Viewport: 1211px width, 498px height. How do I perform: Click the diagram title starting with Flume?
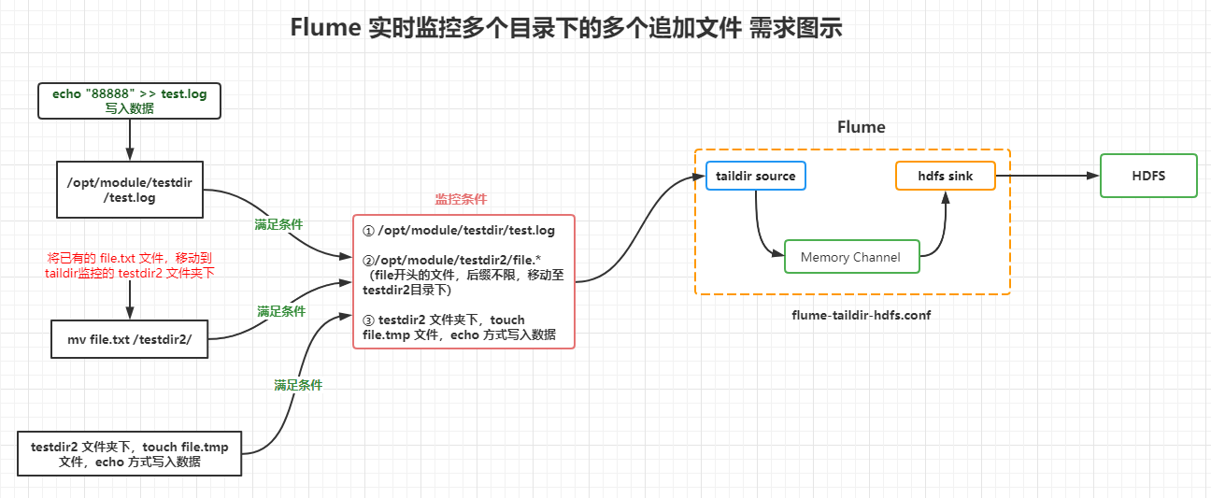[x=566, y=28]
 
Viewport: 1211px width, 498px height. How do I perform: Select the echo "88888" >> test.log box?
[x=129, y=101]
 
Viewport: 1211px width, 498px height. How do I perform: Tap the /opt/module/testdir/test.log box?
[x=129, y=191]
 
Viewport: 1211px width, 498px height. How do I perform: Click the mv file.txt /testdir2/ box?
[x=129, y=338]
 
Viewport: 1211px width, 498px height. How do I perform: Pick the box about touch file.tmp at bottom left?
[x=129, y=454]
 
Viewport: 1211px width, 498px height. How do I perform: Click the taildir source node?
[x=755, y=176]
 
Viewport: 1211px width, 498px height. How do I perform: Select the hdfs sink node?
[x=945, y=176]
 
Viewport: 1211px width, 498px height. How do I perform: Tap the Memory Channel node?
[x=851, y=257]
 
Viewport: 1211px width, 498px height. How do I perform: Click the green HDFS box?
[x=1148, y=176]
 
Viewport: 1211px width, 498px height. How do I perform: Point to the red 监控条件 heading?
[x=461, y=199]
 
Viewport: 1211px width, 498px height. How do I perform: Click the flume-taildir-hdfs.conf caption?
[x=861, y=315]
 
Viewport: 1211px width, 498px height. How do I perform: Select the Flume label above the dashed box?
[x=861, y=127]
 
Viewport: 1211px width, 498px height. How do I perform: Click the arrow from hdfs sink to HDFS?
[x=1047, y=176]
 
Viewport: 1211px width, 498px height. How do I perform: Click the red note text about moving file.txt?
[x=129, y=264]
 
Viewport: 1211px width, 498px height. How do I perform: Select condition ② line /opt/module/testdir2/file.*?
[x=450, y=258]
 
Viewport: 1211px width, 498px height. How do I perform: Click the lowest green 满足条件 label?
[x=298, y=385]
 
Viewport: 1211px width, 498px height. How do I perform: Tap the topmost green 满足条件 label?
[x=278, y=225]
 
